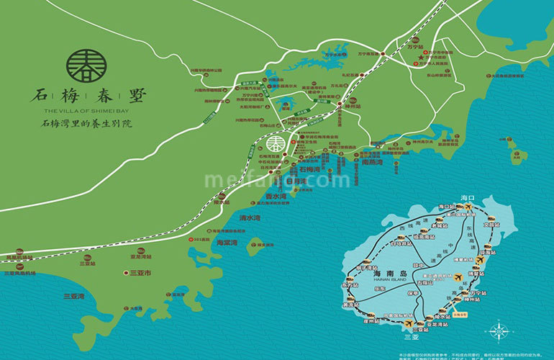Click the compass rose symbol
tap(498, 331)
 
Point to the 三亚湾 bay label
tap(73, 297)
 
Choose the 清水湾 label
tap(250, 217)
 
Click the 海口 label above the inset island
tap(468, 197)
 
